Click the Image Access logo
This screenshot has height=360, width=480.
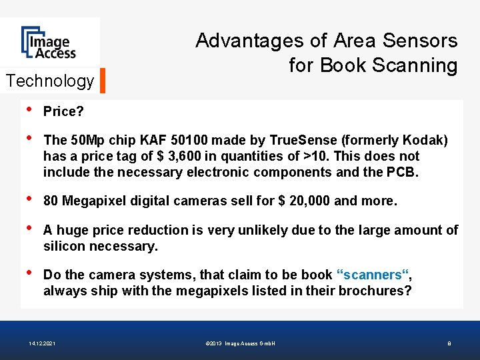click(x=48, y=42)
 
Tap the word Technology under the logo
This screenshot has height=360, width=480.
click(x=50, y=81)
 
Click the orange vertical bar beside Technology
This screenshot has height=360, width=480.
click(x=103, y=81)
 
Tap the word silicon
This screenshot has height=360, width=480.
click(x=63, y=246)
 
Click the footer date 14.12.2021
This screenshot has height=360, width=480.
click(x=43, y=343)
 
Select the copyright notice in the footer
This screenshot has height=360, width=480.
click(x=241, y=343)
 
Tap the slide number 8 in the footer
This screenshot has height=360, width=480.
click(x=449, y=343)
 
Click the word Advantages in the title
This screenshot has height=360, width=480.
click(x=249, y=41)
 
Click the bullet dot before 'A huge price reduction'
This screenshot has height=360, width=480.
click(x=28, y=230)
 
